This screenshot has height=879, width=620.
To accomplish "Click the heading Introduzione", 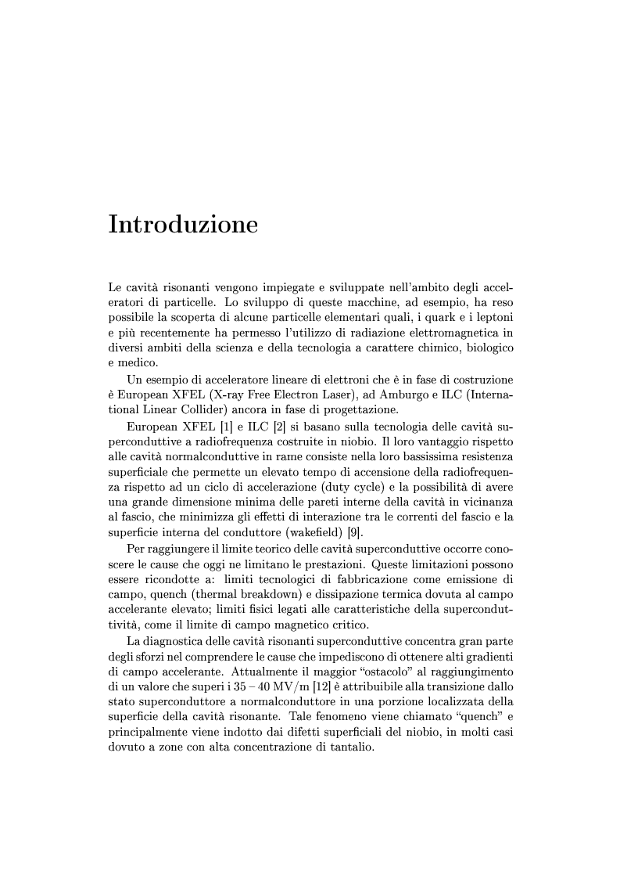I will (x=183, y=225).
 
